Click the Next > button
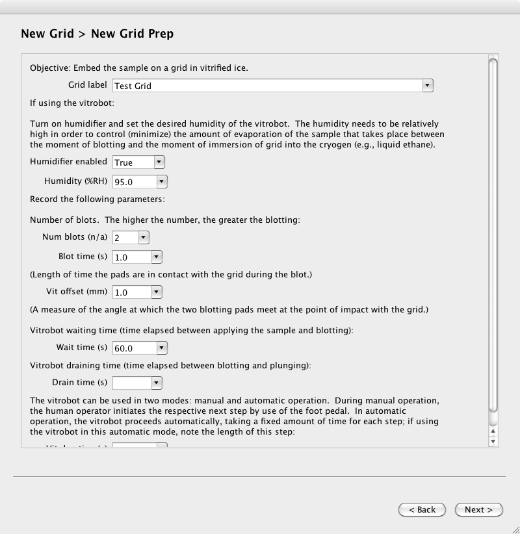pyautogui.click(x=478, y=510)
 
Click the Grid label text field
pyautogui.click(x=266, y=85)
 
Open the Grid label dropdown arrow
pyautogui.click(x=427, y=85)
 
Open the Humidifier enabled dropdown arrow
pyautogui.click(x=159, y=162)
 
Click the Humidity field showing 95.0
pyautogui.click(x=134, y=182)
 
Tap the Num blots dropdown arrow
pyautogui.click(x=144, y=238)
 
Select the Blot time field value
pyautogui.click(x=131, y=257)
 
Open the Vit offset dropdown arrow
pyautogui.click(x=157, y=292)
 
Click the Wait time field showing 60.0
pyautogui.click(x=134, y=348)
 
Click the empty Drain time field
pyautogui.click(x=131, y=383)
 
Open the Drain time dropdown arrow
pyautogui.click(x=157, y=383)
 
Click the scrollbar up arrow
pyautogui.click(x=493, y=431)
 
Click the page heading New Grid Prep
pyautogui.click(x=132, y=34)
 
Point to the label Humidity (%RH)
pyautogui.click(x=75, y=182)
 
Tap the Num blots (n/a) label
pyautogui.click(x=75, y=238)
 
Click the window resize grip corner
pyautogui.click(x=515, y=529)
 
